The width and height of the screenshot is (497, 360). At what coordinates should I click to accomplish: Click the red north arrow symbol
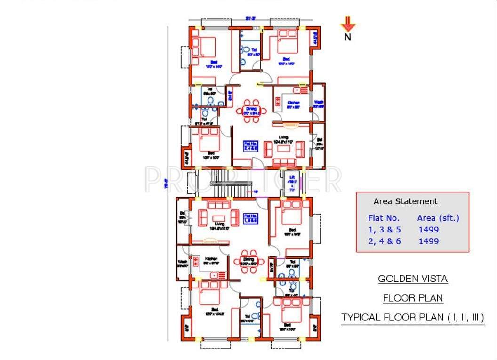click(x=348, y=24)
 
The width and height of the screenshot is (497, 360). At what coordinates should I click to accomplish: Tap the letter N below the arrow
click(x=348, y=38)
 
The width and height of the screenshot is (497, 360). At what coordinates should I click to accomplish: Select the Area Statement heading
click(x=405, y=201)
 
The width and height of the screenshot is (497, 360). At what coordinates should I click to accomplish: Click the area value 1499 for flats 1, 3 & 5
click(x=428, y=230)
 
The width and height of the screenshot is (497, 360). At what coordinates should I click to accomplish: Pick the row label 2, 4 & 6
click(x=384, y=241)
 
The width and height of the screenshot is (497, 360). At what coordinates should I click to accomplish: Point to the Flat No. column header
click(x=384, y=218)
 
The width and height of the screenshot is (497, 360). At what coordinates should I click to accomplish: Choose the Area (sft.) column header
click(x=438, y=218)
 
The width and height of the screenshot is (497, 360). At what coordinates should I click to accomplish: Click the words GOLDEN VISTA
click(x=413, y=279)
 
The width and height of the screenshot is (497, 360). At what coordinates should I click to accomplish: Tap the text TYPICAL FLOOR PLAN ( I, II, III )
click(x=412, y=317)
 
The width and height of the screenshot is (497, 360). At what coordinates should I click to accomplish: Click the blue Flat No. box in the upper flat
click(x=250, y=145)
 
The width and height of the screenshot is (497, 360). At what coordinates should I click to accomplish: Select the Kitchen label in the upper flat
click(x=294, y=103)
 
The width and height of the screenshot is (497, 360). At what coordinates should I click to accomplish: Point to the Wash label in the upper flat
click(x=319, y=102)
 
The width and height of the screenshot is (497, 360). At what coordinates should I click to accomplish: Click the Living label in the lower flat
click(x=218, y=224)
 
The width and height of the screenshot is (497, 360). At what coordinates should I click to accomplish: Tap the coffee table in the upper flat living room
click(x=284, y=149)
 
